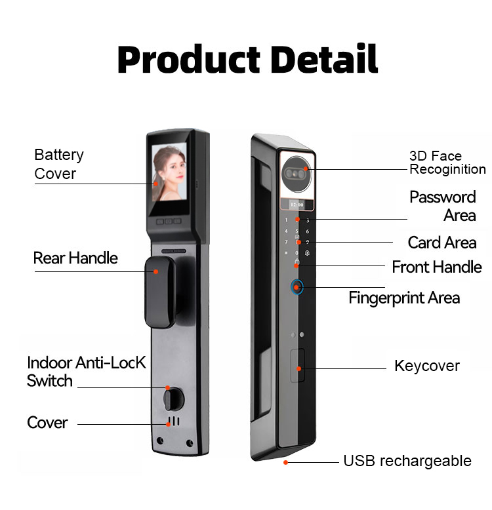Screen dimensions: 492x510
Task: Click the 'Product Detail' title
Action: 247,60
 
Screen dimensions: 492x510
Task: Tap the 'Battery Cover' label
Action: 59,164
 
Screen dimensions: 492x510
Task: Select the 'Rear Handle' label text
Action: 75,258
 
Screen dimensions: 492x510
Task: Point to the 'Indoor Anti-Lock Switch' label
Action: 86,372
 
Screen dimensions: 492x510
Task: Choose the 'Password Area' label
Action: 443,206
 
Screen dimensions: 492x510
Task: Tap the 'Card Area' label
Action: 442,243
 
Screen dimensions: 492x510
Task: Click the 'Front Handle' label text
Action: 437,267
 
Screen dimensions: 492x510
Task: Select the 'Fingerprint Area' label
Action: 404,298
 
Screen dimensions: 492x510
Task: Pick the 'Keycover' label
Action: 427,366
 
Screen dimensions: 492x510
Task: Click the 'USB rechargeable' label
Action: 407,461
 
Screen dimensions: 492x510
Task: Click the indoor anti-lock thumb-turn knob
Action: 173,399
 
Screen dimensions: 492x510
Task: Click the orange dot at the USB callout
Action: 286,462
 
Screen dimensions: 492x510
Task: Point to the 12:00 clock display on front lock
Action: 298,204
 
